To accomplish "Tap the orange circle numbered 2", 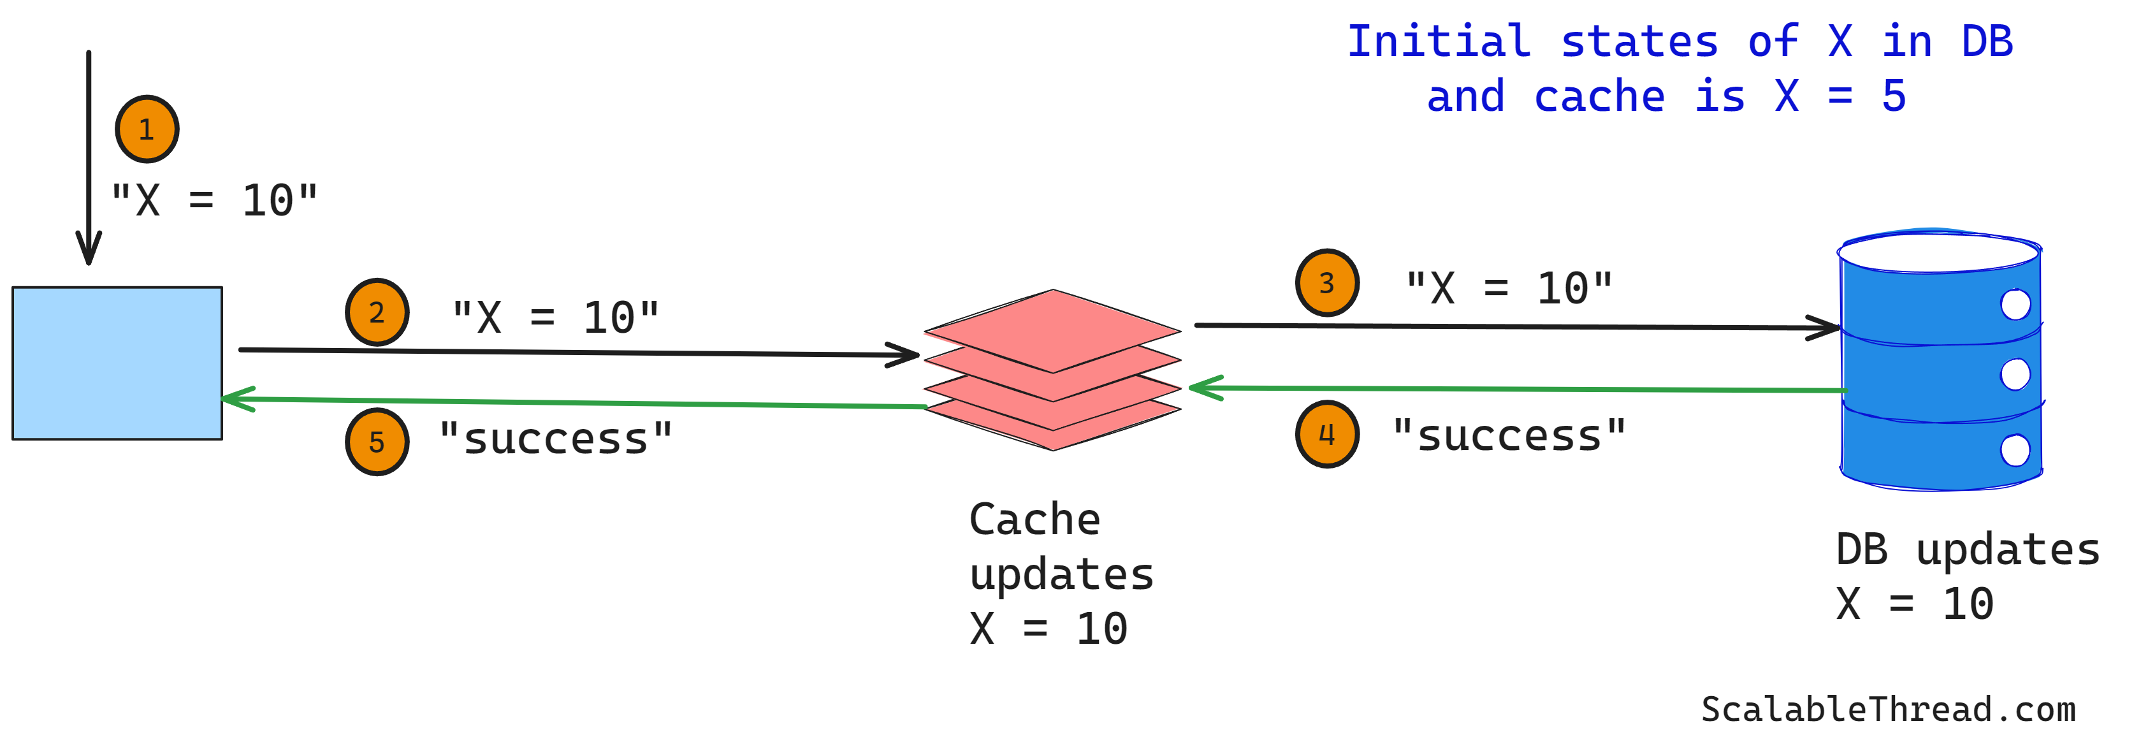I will coord(377,312).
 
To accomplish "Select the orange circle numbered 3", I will coord(1326,282).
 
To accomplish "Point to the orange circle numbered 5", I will coord(377,441).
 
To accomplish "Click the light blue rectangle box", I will coord(117,363).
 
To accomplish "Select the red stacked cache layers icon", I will coord(1052,369).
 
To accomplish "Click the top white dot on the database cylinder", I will coord(2015,304).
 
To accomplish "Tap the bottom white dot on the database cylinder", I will coord(2015,450).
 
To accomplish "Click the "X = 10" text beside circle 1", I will coord(214,200).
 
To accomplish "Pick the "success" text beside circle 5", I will coord(555,438).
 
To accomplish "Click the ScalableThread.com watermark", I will coord(1887,709).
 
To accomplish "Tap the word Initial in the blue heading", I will coord(1438,41).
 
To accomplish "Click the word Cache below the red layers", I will coord(1034,520).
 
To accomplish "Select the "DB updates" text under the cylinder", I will coord(1966,549).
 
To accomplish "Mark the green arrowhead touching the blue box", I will coord(235,399).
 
